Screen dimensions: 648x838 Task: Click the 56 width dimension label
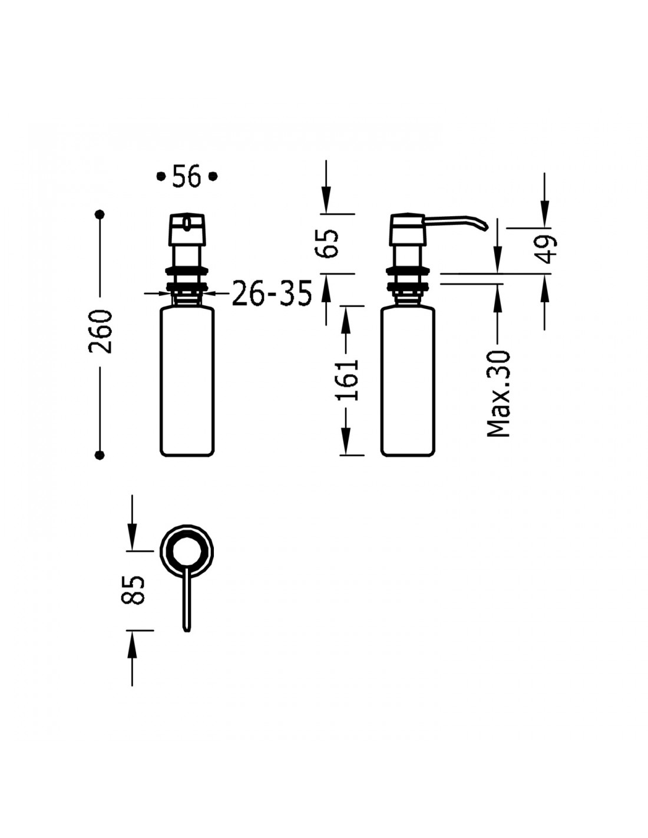click(x=187, y=176)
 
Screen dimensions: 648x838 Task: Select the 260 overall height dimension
click(x=100, y=331)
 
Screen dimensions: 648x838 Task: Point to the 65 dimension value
click(x=326, y=243)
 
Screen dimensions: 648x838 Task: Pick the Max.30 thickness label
click(x=498, y=393)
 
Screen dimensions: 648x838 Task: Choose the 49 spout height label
click(x=546, y=249)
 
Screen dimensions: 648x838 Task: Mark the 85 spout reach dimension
click(x=133, y=590)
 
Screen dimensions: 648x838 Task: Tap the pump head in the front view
click(x=187, y=230)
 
